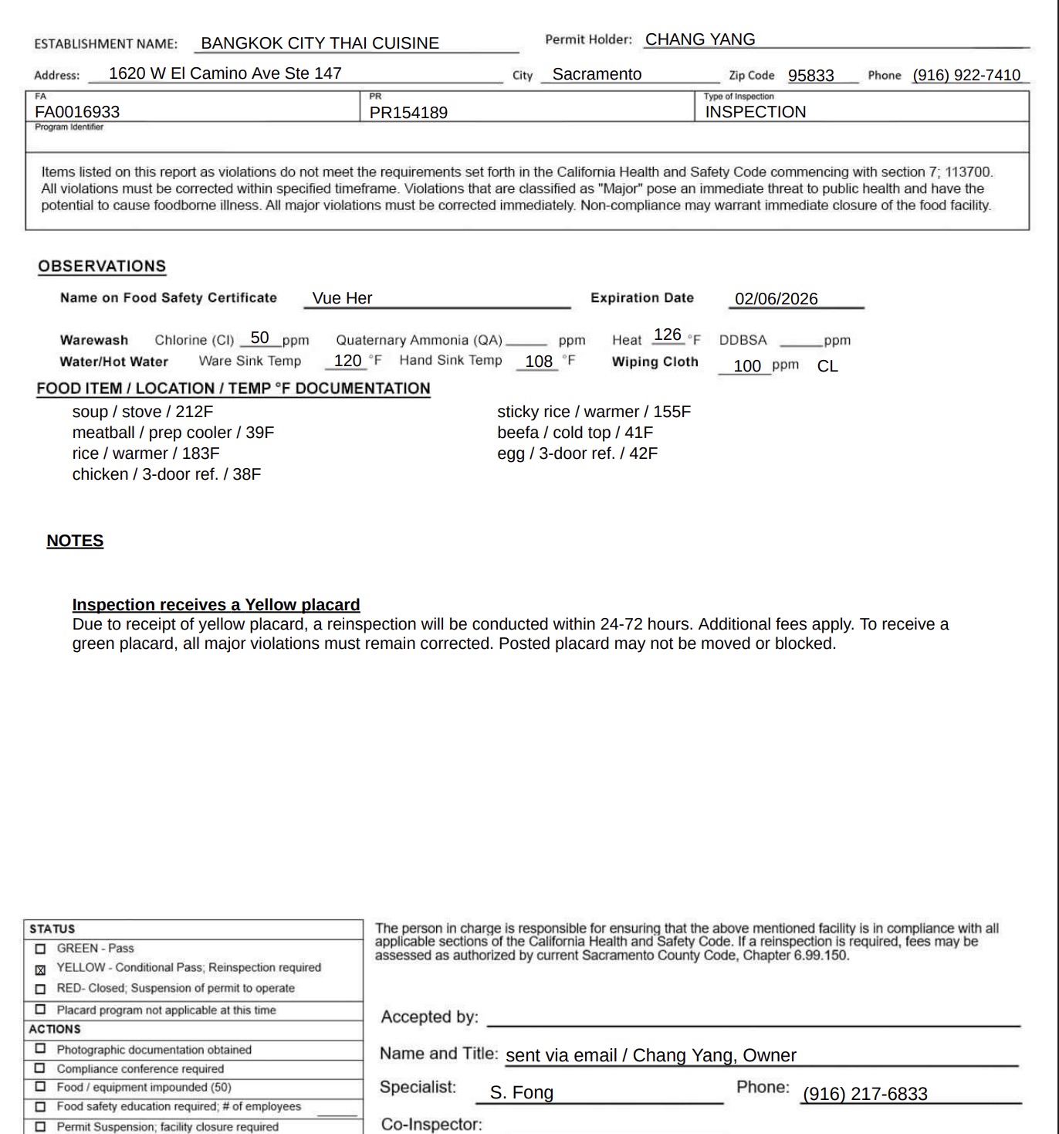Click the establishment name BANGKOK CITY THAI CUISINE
pyautogui.click(x=320, y=43)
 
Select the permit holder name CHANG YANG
pyautogui.click(x=700, y=39)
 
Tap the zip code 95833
pyautogui.click(x=810, y=76)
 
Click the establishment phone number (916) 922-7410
pyautogui.click(x=966, y=75)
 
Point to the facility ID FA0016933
pyautogui.click(x=77, y=112)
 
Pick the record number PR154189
pyautogui.click(x=408, y=113)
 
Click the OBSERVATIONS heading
pyautogui.click(x=102, y=267)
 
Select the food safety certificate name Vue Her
pyautogui.click(x=342, y=298)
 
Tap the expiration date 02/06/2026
pyautogui.click(x=776, y=299)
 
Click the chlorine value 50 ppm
pyautogui.click(x=260, y=338)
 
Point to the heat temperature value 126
pyautogui.click(x=668, y=335)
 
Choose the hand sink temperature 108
pyautogui.click(x=539, y=362)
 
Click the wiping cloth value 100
pyautogui.click(x=747, y=366)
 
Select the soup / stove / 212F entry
pyautogui.click(x=143, y=412)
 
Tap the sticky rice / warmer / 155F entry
pyautogui.click(x=594, y=412)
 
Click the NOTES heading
pyautogui.click(x=75, y=541)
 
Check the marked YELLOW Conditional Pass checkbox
pyautogui.click(x=41, y=969)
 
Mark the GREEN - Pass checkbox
pyautogui.click(x=41, y=949)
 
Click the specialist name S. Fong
pyautogui.click(x=522, y=1093)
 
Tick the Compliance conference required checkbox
pyautogui.click(x=41, y=1068)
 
